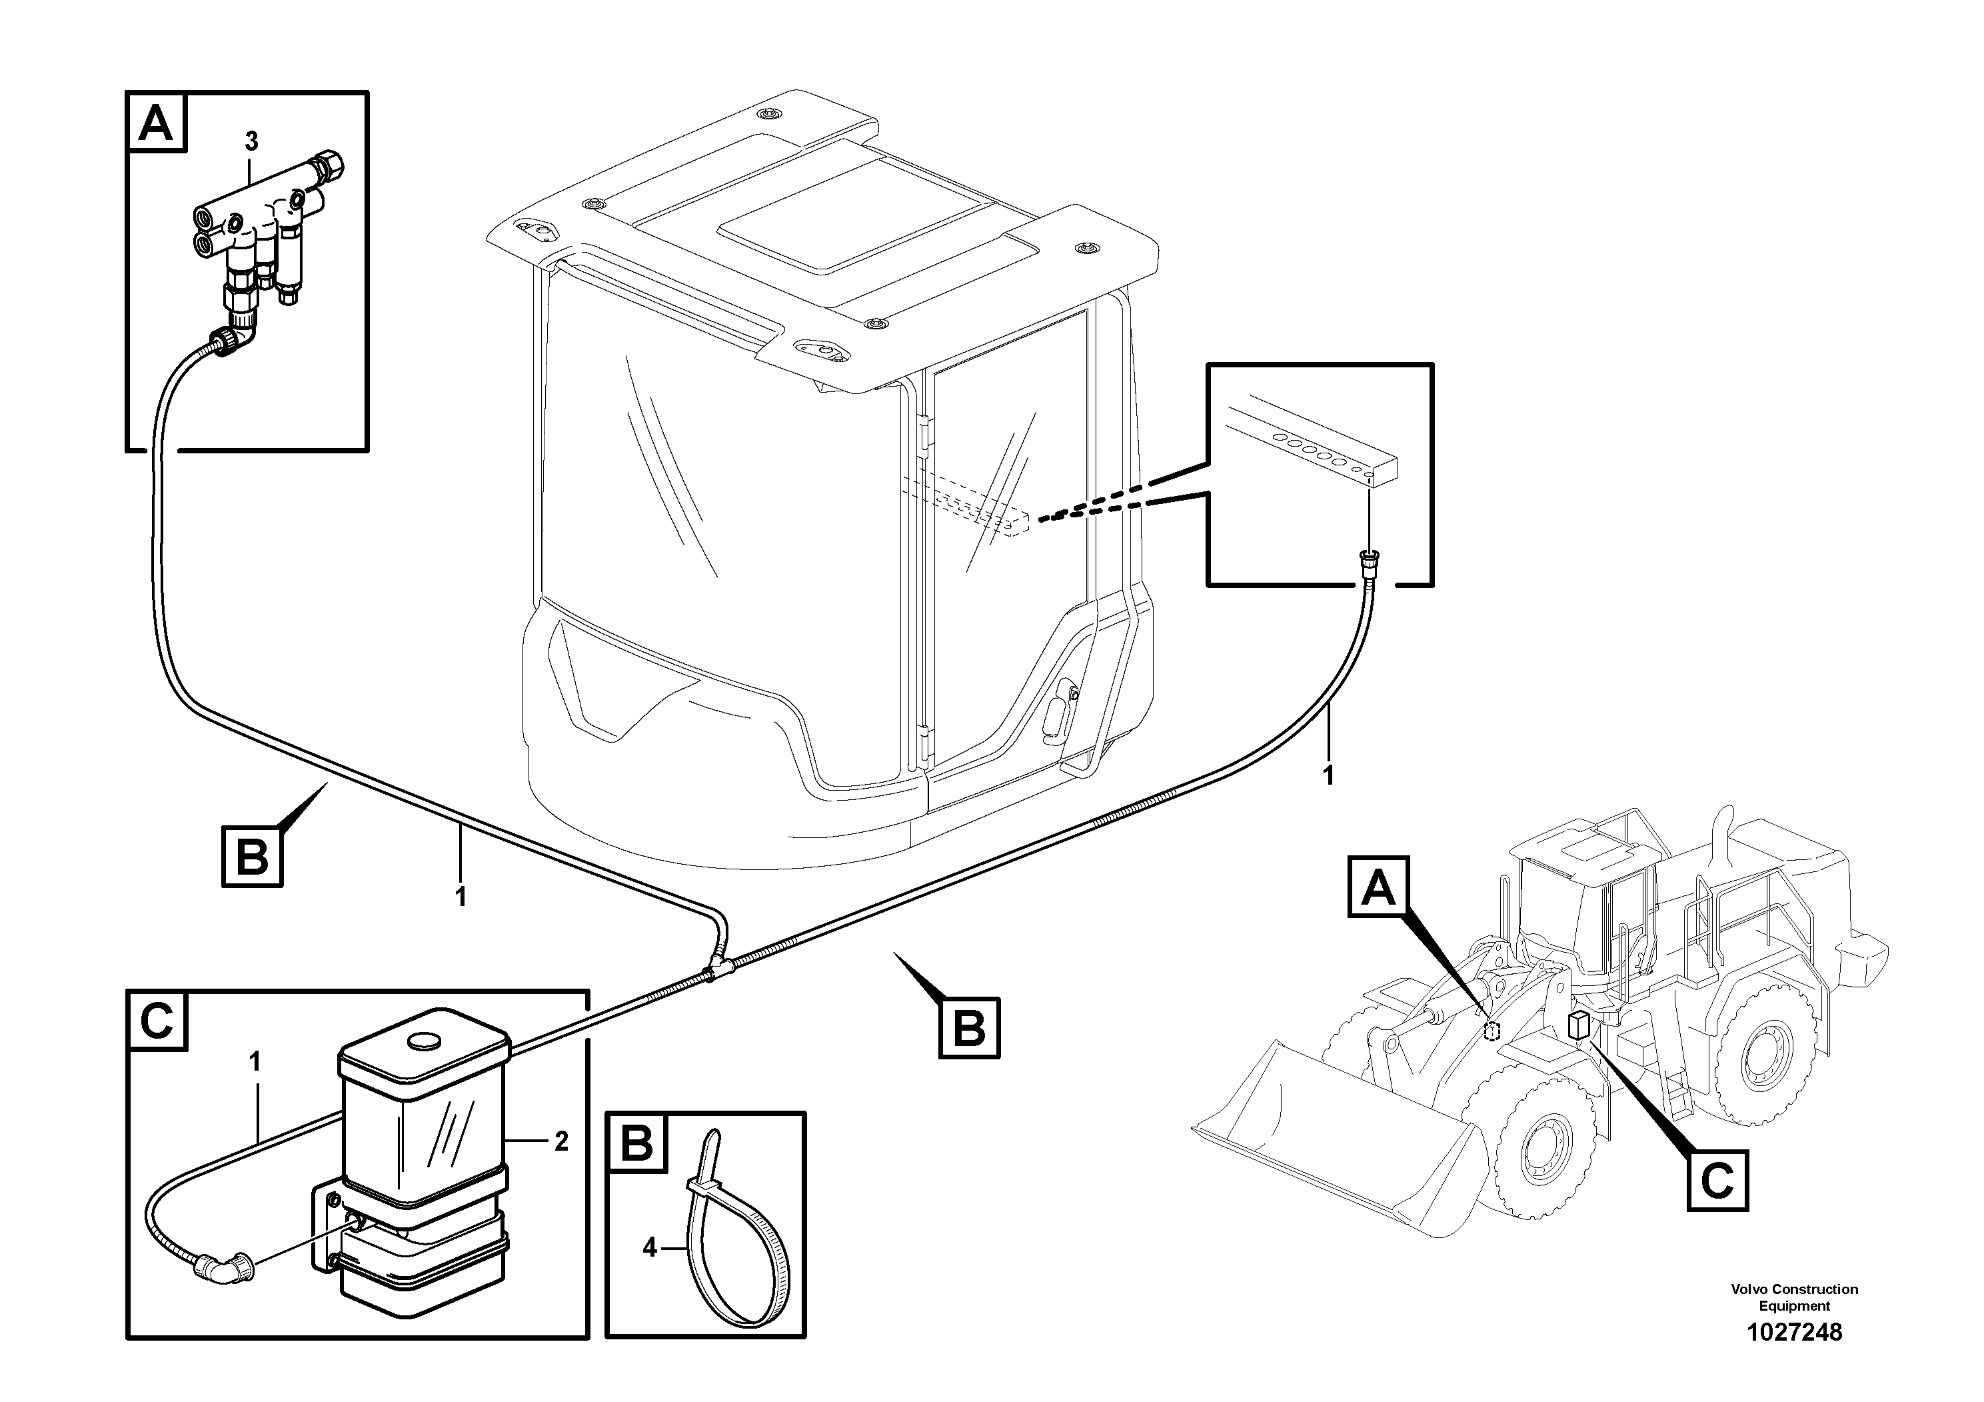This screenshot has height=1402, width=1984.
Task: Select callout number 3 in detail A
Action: pyautogui.click(x=251, y=140)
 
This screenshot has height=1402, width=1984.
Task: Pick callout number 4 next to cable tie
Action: pyautogui.click(x=650, y=1247)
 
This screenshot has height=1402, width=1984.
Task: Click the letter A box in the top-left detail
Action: pyautogui.click(x=157, y=123)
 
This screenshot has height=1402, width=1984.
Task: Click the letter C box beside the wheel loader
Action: pyautogui.click(x=1717, y=1181)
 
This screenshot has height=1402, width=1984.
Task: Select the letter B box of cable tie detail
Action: pyautogui.click(x=637, y=1143)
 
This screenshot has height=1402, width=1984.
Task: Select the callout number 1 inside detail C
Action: pyautogui.click(x=255, y=1061)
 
